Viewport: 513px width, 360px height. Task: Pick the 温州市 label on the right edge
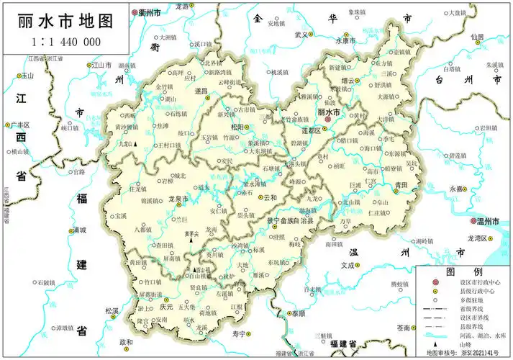pyautogui.click(x=486, y=222)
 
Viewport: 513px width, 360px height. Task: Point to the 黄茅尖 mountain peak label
pyautogui.click(x=189, y=233)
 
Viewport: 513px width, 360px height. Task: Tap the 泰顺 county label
pyautogui.click(x=297, y=314)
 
